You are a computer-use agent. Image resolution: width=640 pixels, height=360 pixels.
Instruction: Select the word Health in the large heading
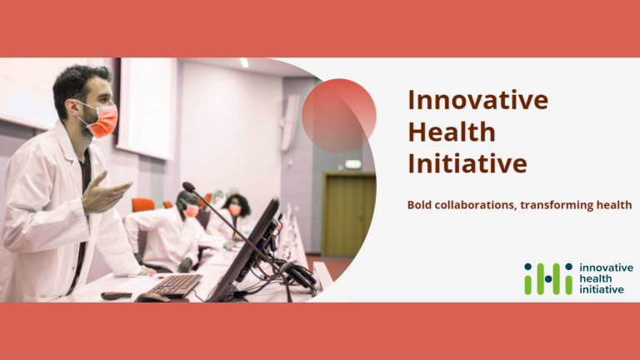click(x=451, y=132)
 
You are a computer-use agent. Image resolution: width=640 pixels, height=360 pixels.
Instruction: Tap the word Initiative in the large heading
click(x=467, y=163)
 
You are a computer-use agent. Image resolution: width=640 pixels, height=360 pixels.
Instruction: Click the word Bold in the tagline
click(x=421, y=205)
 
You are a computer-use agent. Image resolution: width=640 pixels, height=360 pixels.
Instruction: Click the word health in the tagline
click(x=612, y=205)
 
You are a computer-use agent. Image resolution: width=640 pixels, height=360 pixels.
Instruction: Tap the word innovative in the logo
click(x=606, y=267)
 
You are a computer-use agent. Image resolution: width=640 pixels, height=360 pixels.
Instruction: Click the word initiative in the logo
click(x=601, y=289)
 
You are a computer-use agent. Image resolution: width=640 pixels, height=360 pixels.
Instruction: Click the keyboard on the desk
click(x=174, y=285)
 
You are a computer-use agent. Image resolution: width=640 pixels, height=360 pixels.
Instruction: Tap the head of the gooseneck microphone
click(x=189, y=187)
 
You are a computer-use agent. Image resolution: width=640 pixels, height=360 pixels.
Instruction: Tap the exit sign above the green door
click(x=353, y=164)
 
